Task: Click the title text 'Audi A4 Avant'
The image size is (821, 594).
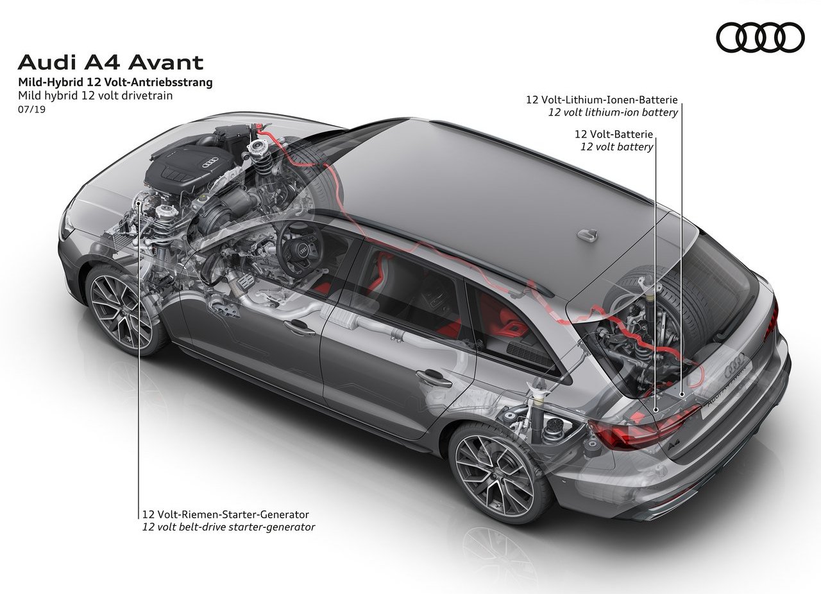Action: (x=110, y=62)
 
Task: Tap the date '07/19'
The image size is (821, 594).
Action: (x=31, y=109)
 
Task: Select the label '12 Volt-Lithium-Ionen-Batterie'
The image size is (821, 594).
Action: (x=602, y=100)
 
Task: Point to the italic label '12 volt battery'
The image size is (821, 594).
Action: (x=616, y=147)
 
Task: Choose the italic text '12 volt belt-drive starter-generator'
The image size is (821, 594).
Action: (x=229, y=527)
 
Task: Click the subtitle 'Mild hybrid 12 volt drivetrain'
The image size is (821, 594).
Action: (x=96, y=96)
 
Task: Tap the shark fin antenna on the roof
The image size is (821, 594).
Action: (x=587, y=234)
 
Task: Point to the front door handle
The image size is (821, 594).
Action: (x=299, y=328)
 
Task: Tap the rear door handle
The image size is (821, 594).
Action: (x=434, y=378)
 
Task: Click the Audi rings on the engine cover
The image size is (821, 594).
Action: (x=210, y=161)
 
